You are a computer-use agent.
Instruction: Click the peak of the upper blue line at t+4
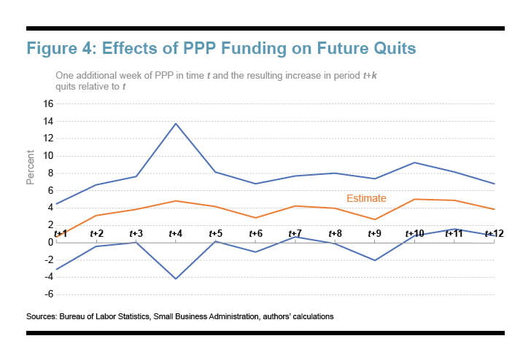(x=176, y=123)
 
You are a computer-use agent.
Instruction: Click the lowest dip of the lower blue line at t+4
(x=176, y=278)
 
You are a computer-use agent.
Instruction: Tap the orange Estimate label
(x=366, y=198)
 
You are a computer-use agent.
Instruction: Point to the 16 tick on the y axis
(x=48, y=103)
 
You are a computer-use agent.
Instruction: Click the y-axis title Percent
(x=31, y=168)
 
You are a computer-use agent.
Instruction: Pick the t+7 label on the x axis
(x=295, y=233)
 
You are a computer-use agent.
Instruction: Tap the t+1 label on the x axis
(x=59, y=233)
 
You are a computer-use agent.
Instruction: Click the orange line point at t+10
(x=414, y=199)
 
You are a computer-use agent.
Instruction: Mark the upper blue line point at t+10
(x=414, y=163)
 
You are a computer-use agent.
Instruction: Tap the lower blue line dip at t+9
(x=375, y=260)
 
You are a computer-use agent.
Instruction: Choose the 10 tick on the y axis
(x=48, y=156)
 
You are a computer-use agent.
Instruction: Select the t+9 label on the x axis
(x=375, y=233)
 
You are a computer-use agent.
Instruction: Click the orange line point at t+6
(x=255, y=217)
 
